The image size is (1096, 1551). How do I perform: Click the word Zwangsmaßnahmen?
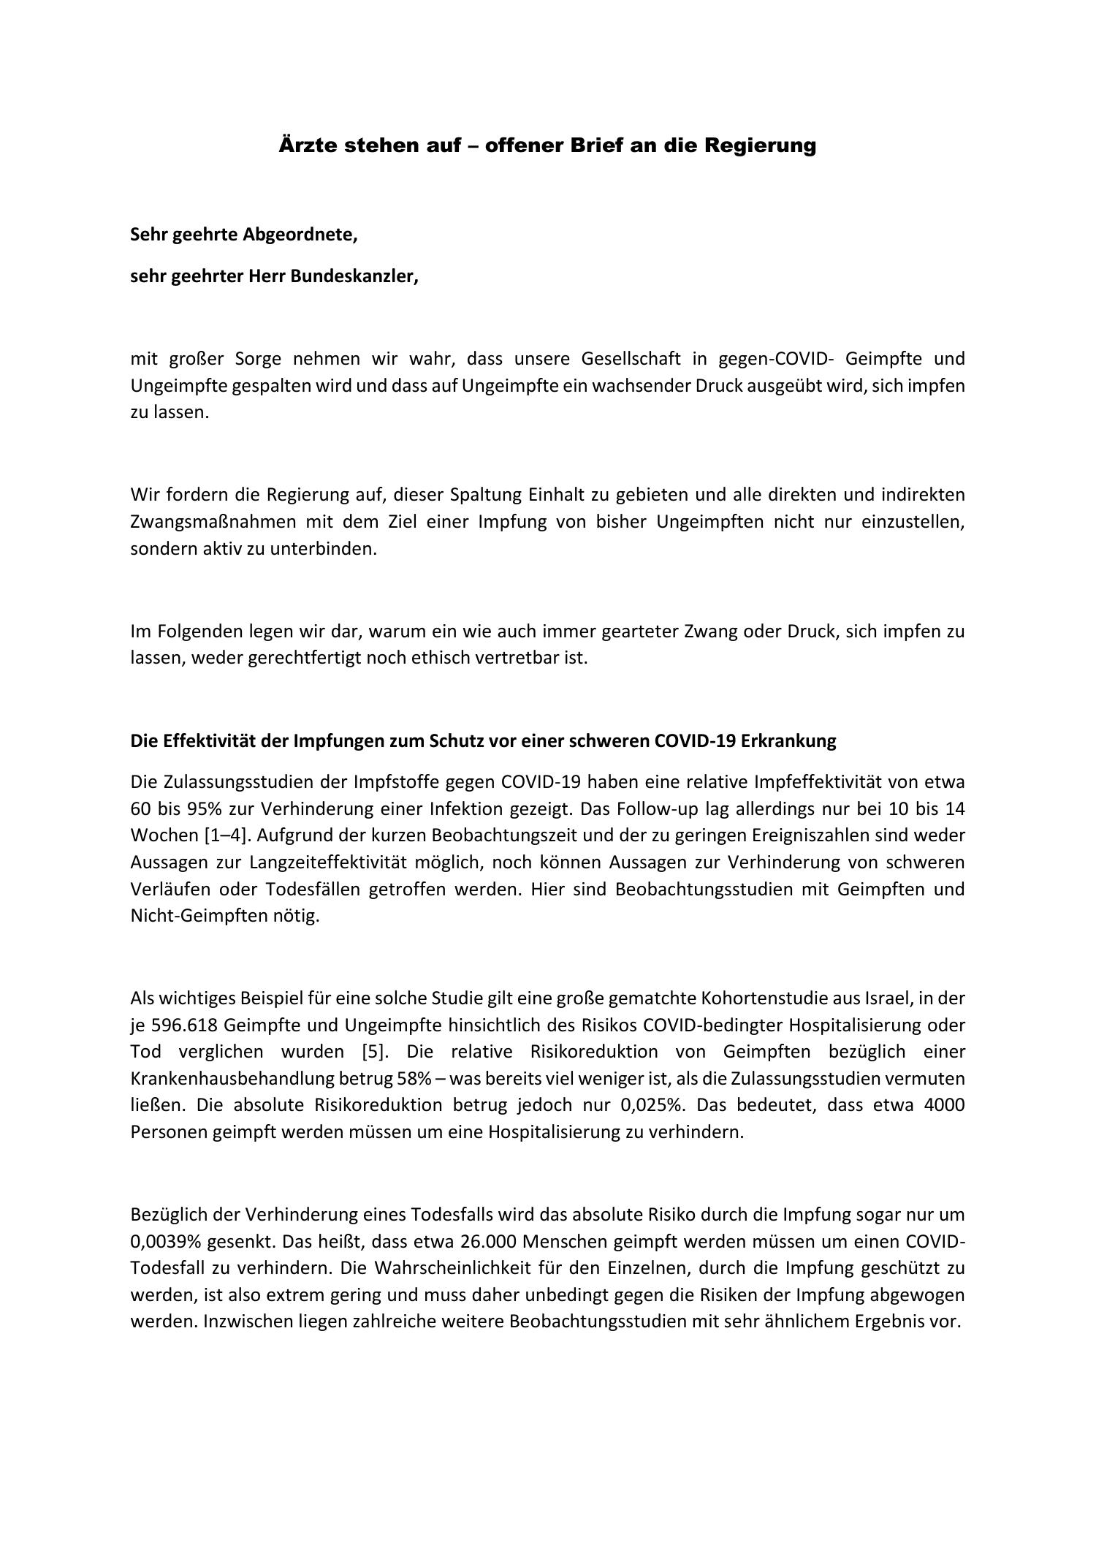213,522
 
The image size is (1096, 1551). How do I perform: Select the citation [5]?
377,1051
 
